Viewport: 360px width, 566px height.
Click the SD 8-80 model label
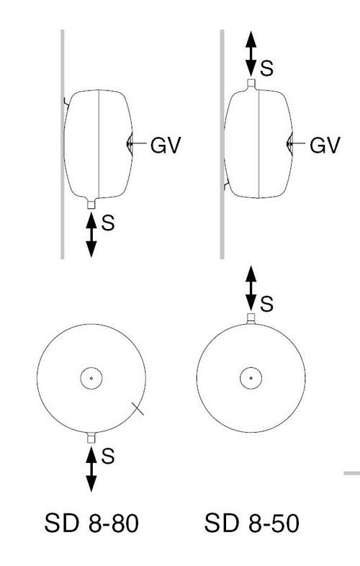click(91, 524)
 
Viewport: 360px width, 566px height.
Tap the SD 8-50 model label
click(252, 524)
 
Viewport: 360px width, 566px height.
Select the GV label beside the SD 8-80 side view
click(166, 145)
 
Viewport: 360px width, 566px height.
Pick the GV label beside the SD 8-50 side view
click(325, 145)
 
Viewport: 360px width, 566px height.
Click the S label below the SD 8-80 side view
click(107, 223)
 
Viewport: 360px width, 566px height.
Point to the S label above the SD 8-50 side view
click(267, 68)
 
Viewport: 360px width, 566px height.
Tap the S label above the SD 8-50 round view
click(267, 304)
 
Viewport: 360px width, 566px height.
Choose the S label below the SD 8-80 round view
click(107, 456)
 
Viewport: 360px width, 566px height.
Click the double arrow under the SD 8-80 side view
click(91, 235)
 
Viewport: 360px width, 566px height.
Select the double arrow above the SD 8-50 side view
click(251, 54)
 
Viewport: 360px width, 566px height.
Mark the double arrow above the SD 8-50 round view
click(251, 289)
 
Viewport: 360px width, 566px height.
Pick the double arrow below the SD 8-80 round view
click(91, 469)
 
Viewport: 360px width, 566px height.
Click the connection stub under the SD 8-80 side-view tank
click(91, 205)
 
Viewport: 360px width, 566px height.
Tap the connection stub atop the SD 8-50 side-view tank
click(251, 84)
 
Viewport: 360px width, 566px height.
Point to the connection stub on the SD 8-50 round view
click(251, 318)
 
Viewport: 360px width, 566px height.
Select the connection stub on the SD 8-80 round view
click(91, 439)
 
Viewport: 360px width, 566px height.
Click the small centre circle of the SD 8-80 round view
click(91, 378)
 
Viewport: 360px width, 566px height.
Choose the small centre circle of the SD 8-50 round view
click(251, 378)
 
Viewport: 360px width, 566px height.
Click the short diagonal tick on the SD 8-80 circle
click(138, 408)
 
